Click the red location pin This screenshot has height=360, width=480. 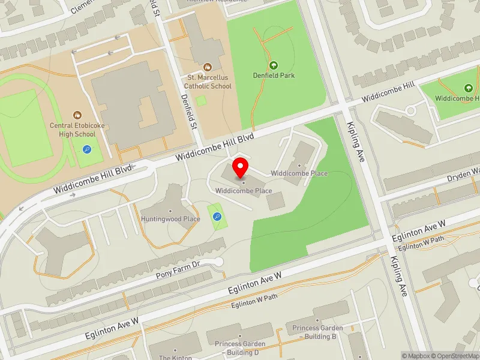click(x=241, y=167)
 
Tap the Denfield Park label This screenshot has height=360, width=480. click(x=274, y=76)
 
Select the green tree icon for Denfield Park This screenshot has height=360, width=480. click(x=274, y=65)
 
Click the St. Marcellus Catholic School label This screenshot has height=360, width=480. click(x=209, y=82)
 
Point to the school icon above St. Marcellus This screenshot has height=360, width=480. click(x=208, y=67)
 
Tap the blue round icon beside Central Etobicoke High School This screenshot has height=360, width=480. click(x=87, y=149)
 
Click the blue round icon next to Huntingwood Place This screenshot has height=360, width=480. click(x=217, y=217)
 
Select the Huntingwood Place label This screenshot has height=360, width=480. click(x=170, y=219)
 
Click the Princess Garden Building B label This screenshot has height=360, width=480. click(x=318, y=332)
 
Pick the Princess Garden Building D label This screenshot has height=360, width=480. click(x=240, y=347)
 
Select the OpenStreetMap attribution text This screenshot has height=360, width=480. click(x=456, y=356)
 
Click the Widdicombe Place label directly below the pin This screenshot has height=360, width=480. click(x=244, y=191)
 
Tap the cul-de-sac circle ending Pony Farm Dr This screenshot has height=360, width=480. click(x=218, y=262)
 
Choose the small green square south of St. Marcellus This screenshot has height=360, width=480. click(x=201, y=100)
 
